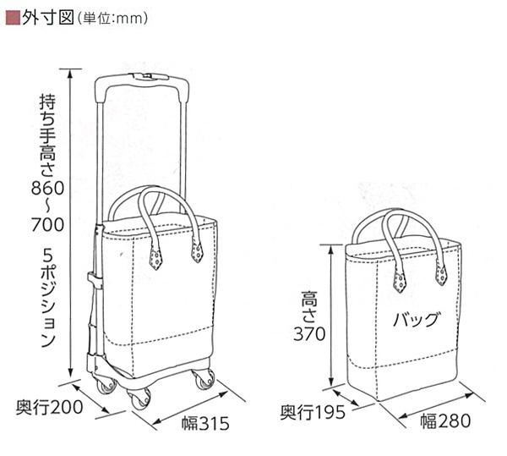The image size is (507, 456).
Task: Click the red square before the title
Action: click(11, 16)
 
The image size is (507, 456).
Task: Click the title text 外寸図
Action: click(41, 16)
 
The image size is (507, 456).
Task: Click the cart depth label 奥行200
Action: click(49, 408)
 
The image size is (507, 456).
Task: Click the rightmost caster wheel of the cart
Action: click(204, 381)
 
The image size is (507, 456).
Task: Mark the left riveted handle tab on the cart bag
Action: click(155, 255)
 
